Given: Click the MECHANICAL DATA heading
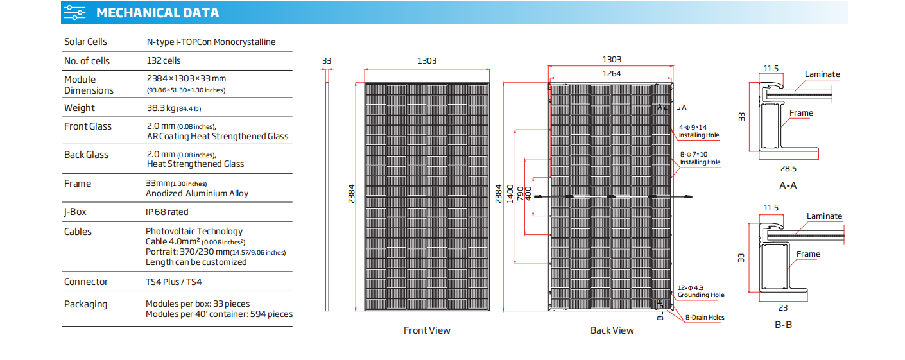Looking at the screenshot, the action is (x=157, y=13).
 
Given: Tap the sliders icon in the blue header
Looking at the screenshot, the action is (x=74, y=13).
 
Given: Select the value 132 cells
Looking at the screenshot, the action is (x=163, y=60).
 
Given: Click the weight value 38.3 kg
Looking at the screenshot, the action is (x=161, y=108).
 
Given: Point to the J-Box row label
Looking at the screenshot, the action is (x=75, y=212).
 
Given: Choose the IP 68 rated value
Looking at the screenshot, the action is (x=167, y=212).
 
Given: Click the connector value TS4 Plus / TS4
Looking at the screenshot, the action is (x=173, y=282).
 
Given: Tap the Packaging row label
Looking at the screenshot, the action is (x=85, y=304).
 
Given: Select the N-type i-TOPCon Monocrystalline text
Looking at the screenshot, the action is (x=211, y=42).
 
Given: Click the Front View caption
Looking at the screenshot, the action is (x=427, y=330).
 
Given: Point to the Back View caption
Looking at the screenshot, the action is (x=612, y=330).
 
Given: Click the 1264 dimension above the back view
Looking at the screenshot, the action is (x=611, y=74).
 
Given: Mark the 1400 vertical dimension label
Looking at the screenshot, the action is (x=510, y=194).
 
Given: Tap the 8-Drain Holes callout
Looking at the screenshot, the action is (x=705, y=318).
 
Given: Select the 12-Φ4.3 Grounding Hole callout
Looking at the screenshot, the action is (x=700, y=291).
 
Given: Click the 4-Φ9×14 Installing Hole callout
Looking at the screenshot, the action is (x=699, y=132).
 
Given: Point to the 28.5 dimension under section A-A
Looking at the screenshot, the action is (x=788, y=169).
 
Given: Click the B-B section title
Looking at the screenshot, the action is (x=783, y=325).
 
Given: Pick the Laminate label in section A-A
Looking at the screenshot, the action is (x=822, y=74).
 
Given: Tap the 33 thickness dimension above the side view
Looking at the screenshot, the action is (x=327, y=61).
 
